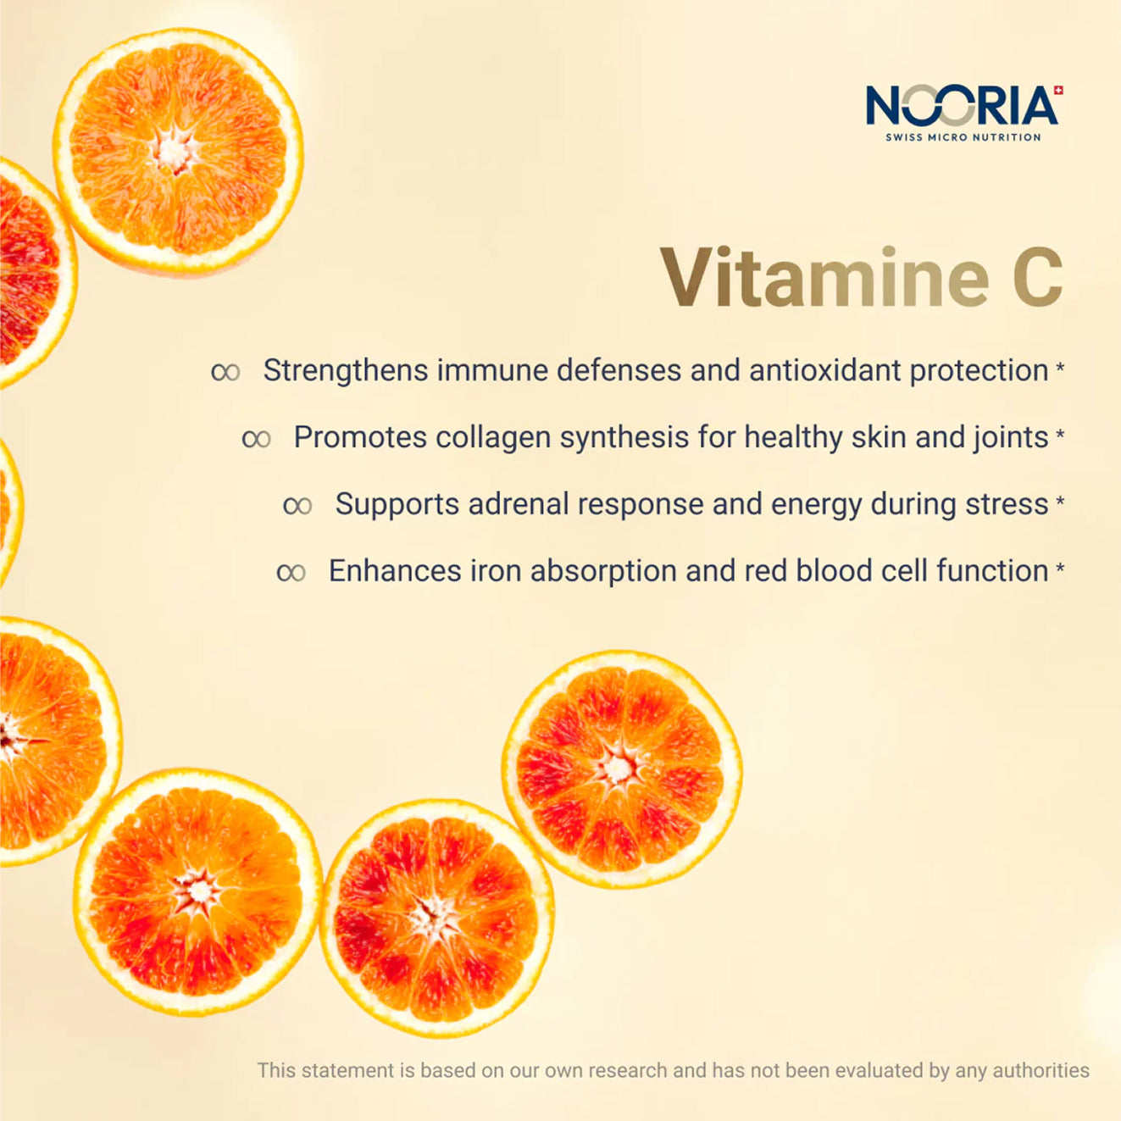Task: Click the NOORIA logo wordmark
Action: (x=962, y=105)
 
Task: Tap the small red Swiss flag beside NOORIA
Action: (x=1059, y=90)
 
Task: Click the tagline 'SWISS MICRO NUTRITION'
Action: (x=963, y=137)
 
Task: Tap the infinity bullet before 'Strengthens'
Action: (x=225, y=372)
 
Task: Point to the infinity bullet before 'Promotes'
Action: (x=257, y=439)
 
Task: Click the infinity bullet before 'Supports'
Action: (x=298, y=506)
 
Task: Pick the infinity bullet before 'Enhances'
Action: (x=291, y=573)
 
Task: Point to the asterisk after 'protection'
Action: (x=1060, y=369)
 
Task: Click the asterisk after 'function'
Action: (x=1060, y=569)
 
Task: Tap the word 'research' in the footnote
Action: (x=637, y=1070)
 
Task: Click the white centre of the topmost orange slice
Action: (x=172, y=152)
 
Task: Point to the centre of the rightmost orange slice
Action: (x=619, y=769)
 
